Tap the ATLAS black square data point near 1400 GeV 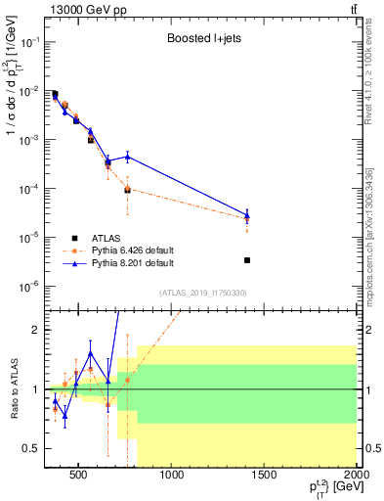[247, 260]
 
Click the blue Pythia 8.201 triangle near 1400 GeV [247, 215]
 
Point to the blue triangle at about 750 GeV [127, 157]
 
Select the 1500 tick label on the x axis [265, 477]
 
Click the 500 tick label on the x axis [82, 477]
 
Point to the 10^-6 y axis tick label [28, 287]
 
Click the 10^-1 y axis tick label [28, 43]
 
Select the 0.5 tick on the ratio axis [32, 448]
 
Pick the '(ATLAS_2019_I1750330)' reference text [202, 292]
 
